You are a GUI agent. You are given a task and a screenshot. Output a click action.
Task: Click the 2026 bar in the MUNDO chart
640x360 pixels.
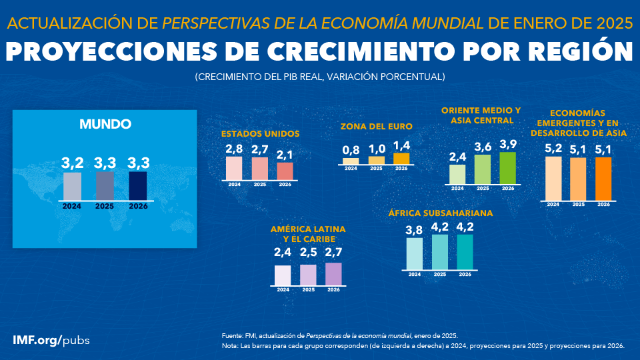(137, 186)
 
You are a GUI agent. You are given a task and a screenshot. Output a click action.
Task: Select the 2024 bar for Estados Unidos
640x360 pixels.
(234, 168)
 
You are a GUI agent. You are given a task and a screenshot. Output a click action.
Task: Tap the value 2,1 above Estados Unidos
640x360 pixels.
(285, 155)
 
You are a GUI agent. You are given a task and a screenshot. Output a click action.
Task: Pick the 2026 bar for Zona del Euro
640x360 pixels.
(401, 159)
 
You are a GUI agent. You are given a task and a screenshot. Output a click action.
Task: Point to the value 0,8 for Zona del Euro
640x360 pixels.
(351, 150)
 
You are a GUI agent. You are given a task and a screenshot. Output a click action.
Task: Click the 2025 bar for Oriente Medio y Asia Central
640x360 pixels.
(483, 169)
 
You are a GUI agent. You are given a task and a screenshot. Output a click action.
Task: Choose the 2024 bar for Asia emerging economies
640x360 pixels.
(553, 178)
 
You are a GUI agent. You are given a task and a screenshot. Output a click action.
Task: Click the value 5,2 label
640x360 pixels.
(553, 149)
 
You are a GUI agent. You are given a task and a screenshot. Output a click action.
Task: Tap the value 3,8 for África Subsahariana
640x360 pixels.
(415, 230)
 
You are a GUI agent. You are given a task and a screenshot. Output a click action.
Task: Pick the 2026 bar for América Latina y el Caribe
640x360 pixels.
(333, 274)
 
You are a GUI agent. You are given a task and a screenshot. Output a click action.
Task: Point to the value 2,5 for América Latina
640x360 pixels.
(308, 253)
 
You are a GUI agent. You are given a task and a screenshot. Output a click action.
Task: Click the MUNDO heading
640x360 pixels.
(105, 124)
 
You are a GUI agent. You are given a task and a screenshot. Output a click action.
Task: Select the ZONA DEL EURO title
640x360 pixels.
(376, 126)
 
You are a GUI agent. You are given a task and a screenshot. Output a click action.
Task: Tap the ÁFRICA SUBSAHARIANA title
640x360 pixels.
(440, 213)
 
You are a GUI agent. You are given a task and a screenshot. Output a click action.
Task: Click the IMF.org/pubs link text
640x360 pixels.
(51, 340)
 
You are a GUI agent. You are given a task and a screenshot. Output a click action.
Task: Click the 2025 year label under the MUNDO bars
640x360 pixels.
(105, 206)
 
